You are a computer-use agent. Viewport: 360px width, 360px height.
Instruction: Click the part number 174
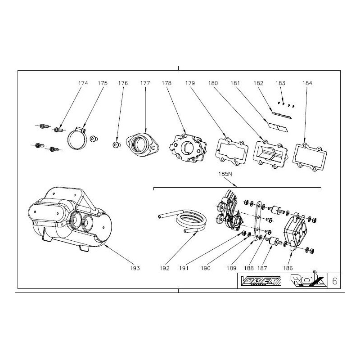click(83, 83)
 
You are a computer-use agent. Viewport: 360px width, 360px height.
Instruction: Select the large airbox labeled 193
click(67, 216)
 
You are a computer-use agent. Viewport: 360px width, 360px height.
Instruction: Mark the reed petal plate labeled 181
click(277, 128)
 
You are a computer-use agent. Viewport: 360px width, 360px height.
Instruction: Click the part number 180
click(213, 83)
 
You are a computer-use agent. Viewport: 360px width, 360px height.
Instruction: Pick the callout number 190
click(206, 268)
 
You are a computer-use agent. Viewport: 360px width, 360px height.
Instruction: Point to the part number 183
click(280, 83)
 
